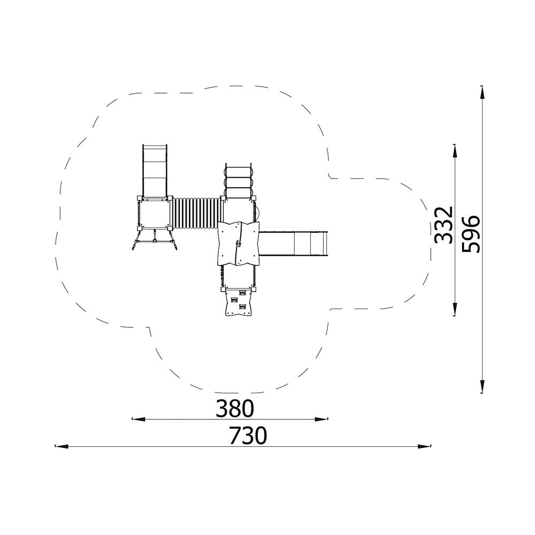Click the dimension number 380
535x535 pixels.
tap(235, 408)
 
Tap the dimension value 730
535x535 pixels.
tap(248, 435)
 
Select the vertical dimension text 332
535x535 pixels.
tap(444, 225)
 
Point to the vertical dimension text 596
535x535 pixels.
tap(470, 234)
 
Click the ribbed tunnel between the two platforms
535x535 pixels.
tap(196, 213)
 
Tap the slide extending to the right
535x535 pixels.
tap(293, 243)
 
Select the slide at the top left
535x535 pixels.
tap(155, 171)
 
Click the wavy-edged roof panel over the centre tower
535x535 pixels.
tap(238, 243)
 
